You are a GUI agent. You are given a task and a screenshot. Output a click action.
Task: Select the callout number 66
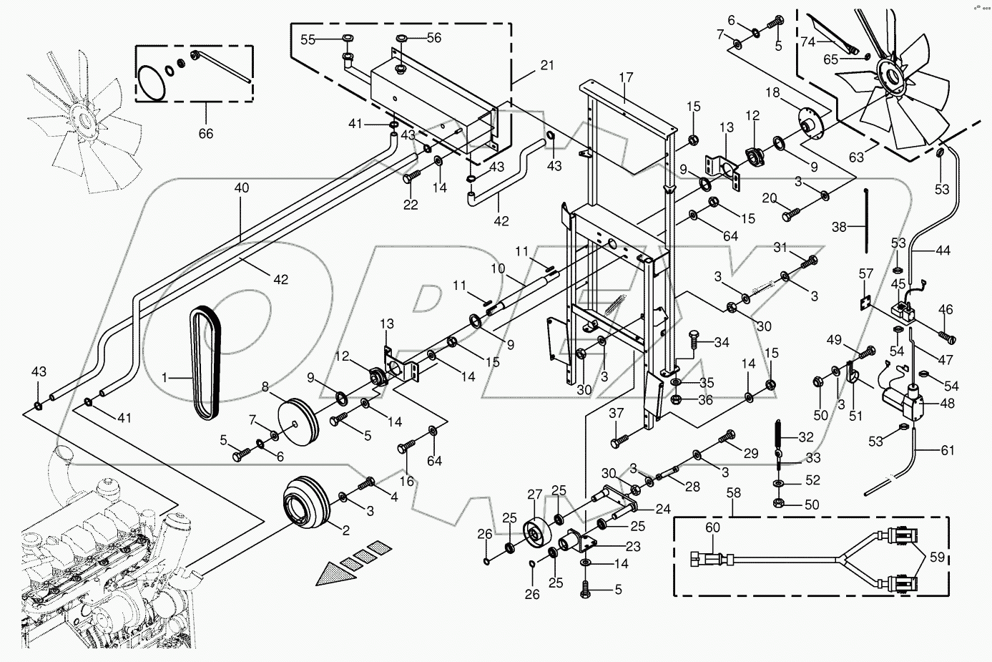coord(206,133)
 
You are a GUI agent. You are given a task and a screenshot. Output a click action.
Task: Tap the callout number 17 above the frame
coord(627,77)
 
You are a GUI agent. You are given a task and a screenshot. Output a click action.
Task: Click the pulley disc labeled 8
coord(298,422)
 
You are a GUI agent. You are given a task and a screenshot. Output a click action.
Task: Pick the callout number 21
coord(547,65)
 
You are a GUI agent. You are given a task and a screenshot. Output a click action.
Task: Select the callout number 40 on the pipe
coord(241,188)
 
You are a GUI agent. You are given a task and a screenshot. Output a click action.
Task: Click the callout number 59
coord(937,557)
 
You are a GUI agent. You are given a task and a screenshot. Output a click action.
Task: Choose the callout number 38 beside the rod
coord(839,227)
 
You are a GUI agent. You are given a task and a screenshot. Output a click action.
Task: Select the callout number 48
coord(947,404)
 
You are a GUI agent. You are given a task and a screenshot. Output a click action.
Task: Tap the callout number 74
coord(807,42)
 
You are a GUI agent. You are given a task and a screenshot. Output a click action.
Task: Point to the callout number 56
coord(434,38)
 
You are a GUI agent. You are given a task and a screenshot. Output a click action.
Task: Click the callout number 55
coord(308,40)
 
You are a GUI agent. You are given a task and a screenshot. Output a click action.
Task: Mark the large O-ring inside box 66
coord(151,82)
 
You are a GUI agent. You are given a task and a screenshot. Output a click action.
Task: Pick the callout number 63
coord(856,157)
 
